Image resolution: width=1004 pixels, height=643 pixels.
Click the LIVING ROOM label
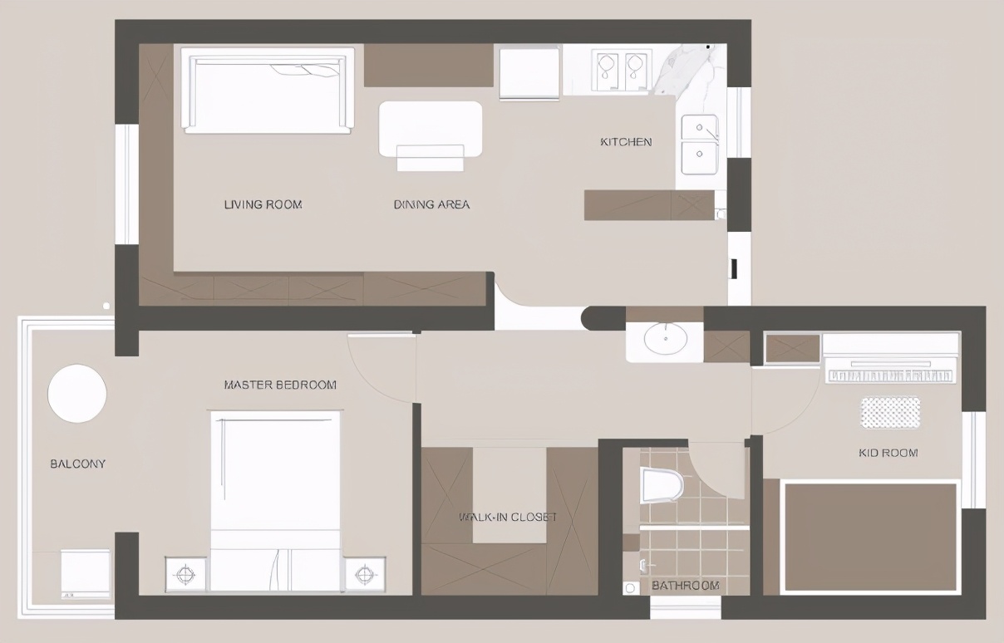[263, 204]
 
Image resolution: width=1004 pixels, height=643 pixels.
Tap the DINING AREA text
[431, 204]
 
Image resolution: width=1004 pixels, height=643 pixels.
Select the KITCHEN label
[626, 142]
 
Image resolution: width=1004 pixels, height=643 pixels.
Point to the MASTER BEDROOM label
[280, 385]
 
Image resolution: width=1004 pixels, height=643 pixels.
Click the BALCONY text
[78, 464]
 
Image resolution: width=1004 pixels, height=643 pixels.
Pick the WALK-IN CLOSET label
[508, 517]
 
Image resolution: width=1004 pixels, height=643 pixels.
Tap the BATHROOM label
[686, 585]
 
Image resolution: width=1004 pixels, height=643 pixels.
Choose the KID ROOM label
[888, 453]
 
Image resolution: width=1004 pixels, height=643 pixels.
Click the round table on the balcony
[77, 394]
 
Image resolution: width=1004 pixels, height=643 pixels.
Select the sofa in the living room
[268, 91]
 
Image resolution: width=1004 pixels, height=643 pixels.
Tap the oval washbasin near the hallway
[666, 339]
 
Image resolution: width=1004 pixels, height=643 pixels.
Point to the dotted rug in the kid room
[890, 413]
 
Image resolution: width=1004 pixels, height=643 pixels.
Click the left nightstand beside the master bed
[186, 574]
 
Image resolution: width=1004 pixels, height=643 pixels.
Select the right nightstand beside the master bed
[365, 574]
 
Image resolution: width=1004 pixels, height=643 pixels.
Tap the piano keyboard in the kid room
[891, 375]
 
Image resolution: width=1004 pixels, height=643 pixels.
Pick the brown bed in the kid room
[870, 537]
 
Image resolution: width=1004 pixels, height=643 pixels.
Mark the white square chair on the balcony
[85, 572]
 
